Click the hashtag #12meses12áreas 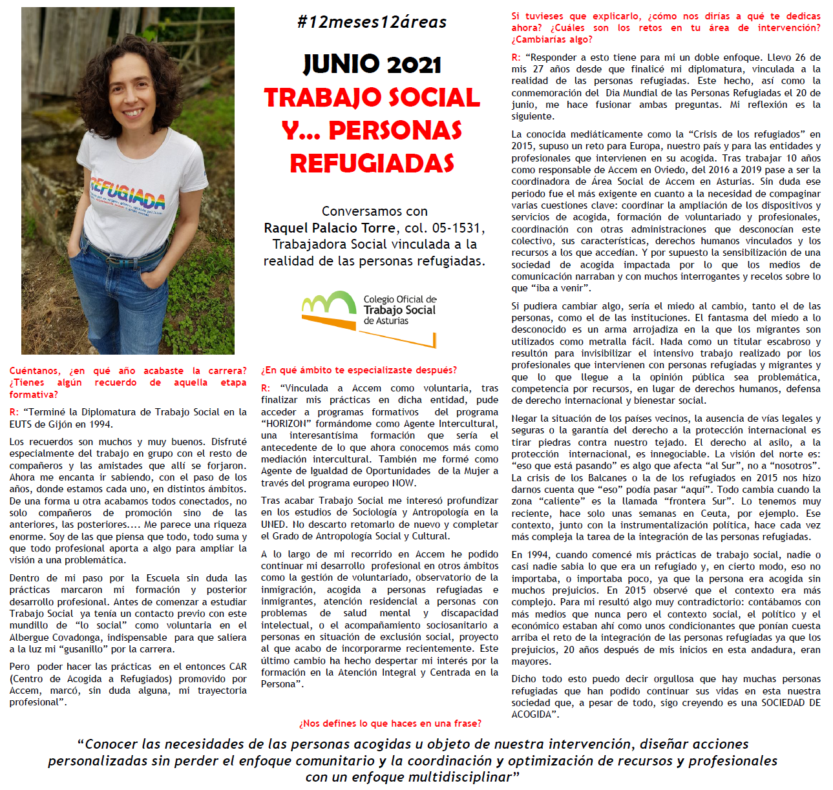click(372, 22)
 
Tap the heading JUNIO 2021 click(372, 64)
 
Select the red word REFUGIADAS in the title click(372, 163)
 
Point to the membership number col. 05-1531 click(445, 228)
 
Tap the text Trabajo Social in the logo click(399, 310)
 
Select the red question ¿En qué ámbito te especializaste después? click(359, 370)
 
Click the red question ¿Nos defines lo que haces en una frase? click(390, 723)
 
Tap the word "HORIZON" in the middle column click(283, 424)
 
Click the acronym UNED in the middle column click(274, 524)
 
